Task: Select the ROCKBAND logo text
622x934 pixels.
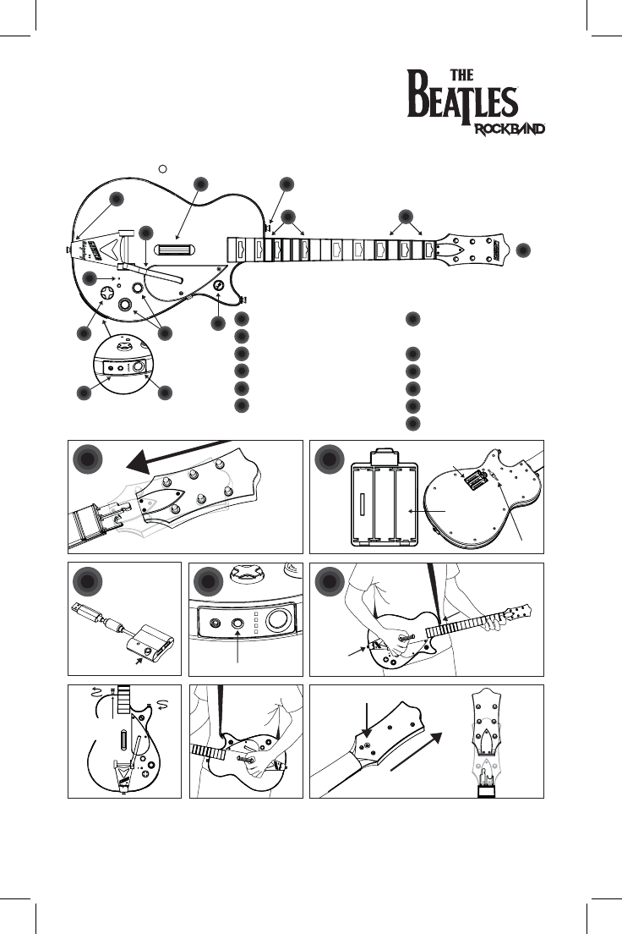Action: coord(507,129)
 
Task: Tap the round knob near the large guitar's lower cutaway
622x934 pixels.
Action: coord(218,286)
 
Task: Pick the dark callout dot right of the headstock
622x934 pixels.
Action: coord(524,249)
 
